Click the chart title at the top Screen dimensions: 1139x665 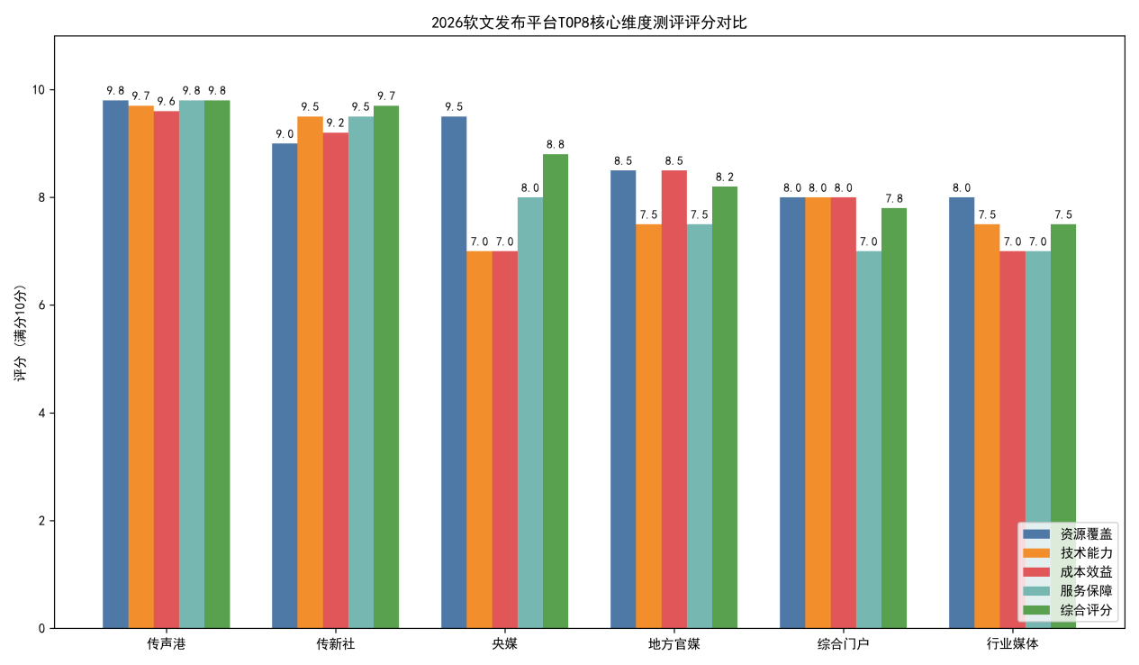(x=589, y=23)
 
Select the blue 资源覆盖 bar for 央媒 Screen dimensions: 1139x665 (x=454, y=372)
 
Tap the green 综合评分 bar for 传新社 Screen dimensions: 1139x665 (x=386, y=367)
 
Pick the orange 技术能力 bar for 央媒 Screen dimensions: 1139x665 (x=479, y=440)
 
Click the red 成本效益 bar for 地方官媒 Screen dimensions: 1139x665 (x=673, y=399)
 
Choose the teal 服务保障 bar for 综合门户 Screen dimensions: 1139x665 (x=869, y=440)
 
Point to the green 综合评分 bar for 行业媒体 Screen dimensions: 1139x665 (x=1063, y=426)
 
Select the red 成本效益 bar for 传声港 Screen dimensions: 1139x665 (x=167, y=370)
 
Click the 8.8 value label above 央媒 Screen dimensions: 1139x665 (x=556, y=144)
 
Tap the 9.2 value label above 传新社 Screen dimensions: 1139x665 (x=335, y=123)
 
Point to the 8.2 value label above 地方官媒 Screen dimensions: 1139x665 (x=725, y=177)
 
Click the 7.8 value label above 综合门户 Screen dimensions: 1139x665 (x=894, y=198)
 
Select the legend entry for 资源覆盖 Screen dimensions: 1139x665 (x=1067, y=533)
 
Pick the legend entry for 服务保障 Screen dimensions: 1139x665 (x=1067, y=591)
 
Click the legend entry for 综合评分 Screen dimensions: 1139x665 (x=1067, y=610)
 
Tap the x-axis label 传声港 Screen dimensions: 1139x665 (x=167, y=644)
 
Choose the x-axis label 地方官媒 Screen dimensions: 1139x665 (x=673, y=644)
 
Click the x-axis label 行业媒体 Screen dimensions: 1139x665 (x=1012, y=644)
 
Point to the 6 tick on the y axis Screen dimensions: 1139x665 (x=41, y=305)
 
